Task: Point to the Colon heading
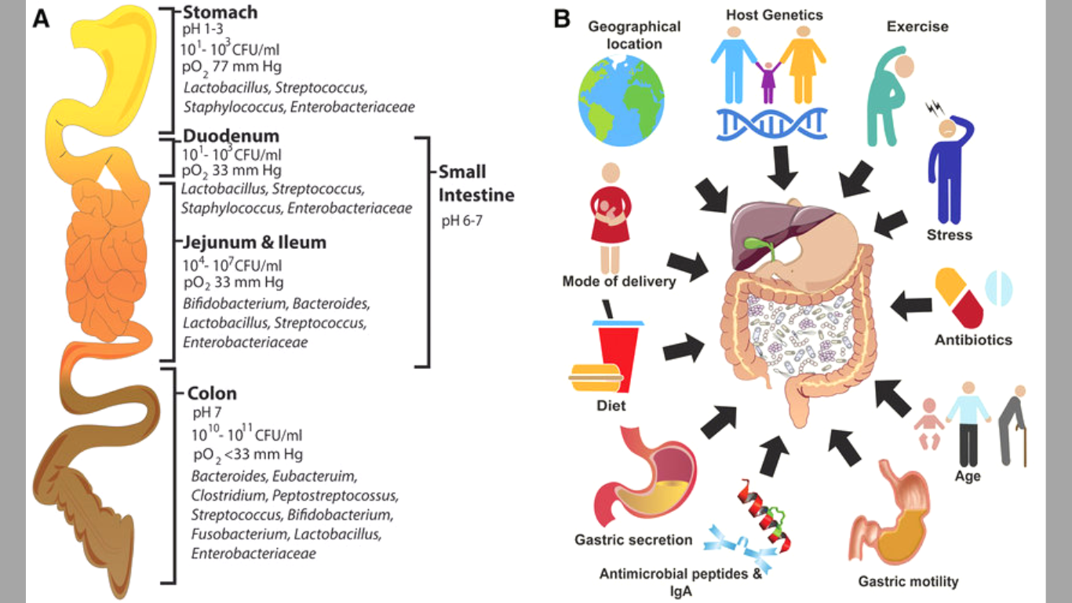pos(212,393)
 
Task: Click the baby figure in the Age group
pos(930,425)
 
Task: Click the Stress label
pos(949,235)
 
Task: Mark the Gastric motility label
pos(908,582)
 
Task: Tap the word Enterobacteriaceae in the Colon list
pos(253,554)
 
